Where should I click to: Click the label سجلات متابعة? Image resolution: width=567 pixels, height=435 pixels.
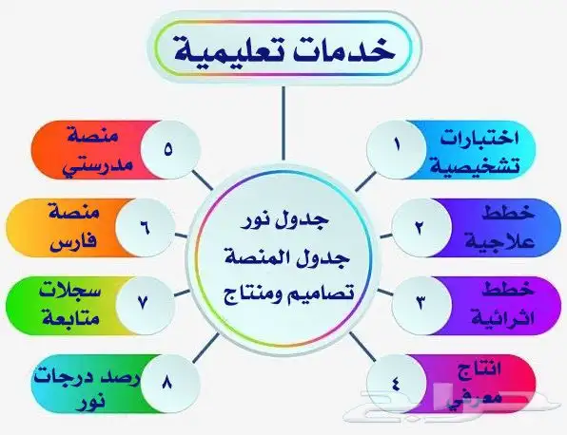81,302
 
